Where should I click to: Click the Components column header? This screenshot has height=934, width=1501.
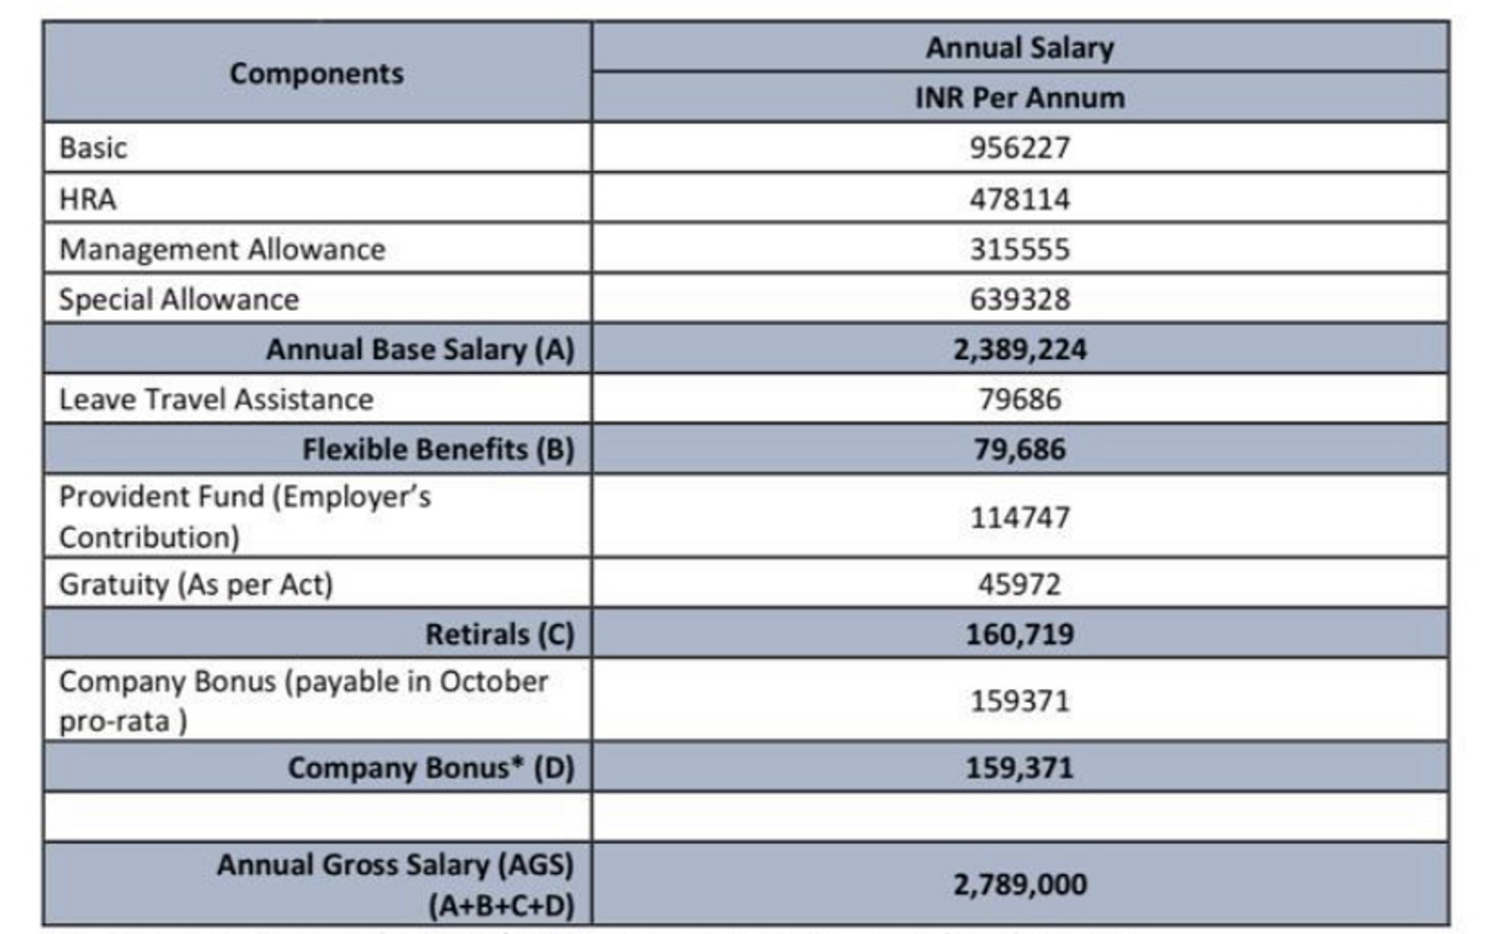click(317, 73)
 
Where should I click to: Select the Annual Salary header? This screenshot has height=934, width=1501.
click(1019, 48)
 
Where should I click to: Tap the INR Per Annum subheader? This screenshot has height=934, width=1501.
click(1019, 98)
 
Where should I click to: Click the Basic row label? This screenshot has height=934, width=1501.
click(93, 148)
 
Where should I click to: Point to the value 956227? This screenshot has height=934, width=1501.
click(1019, 148)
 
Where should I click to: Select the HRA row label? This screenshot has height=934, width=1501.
click(88, 199)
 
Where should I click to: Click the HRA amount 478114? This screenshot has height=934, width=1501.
click(1019, 199)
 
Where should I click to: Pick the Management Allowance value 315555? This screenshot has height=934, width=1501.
click(1019, 249)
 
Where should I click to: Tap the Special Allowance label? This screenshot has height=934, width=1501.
click(179, 299)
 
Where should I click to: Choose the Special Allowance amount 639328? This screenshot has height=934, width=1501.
click(1019, 299)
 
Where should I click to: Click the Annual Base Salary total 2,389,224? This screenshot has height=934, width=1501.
click(1019, 349)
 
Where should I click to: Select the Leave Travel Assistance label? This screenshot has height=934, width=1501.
click(216, 400)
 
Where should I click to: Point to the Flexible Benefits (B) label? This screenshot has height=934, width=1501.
click(438, 449)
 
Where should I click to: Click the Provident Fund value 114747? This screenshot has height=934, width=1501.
click(1019, 518)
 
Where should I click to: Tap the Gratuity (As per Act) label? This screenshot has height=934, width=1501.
click(196, 584)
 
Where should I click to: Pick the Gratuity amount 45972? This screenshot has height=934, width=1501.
click(1019, 584)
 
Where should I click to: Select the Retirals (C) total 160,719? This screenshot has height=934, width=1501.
click(1019, 634)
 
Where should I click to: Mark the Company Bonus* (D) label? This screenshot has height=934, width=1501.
click(431, 768)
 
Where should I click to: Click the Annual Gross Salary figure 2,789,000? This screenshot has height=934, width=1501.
click(1019, 885)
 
